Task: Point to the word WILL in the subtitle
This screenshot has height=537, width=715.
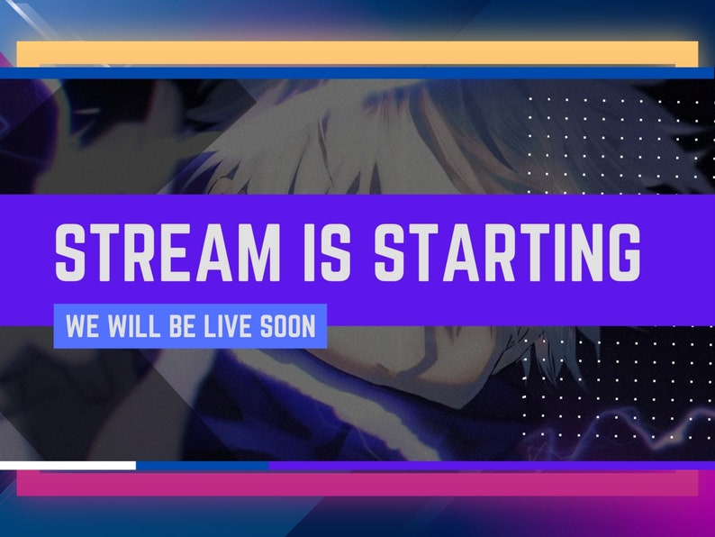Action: [x=135, y=326]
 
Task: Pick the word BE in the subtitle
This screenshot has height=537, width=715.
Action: [x=183, y=326]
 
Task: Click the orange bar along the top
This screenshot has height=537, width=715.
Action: [x=357, y=53]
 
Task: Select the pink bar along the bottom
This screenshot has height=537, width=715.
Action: [x=357, y=484]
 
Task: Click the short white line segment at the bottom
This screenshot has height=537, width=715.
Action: [x=68, y=466]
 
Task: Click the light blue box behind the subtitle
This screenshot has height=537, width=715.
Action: [x=190, y=326]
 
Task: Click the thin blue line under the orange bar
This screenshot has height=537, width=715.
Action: [x=357, y=73]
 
